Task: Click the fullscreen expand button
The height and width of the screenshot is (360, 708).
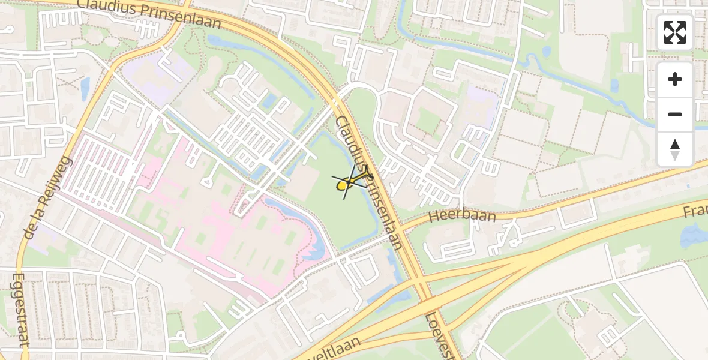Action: [675, 32]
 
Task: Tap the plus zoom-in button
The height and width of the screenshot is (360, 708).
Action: [675, 79]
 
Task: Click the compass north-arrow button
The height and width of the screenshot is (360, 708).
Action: [675, 149]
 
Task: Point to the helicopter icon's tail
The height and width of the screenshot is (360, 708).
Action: [367, 176]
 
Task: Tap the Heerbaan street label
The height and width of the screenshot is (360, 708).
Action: [463, 215]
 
